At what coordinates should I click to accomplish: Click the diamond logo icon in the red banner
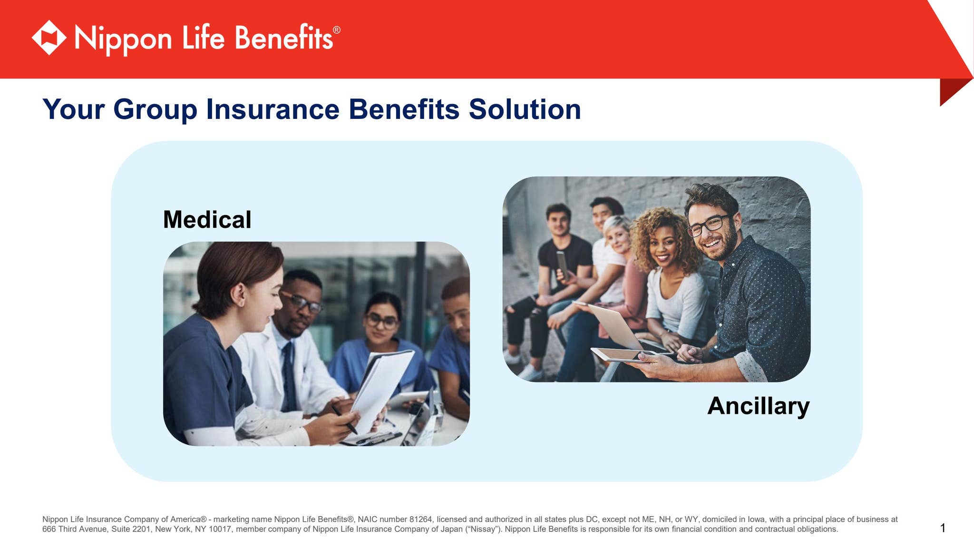(x=49, y=38)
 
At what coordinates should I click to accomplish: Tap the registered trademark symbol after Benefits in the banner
(x=337, y=30)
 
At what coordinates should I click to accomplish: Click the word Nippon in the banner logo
(x=123, y=39)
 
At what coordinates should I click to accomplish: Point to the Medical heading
(x=207, y=220)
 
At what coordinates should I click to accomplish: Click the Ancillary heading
(x=759, y=407)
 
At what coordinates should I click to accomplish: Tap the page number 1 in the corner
(x=943, y=528)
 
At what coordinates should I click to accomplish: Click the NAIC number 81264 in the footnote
(x=421, y=519)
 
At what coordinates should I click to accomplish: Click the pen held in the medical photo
(x=344, y=420)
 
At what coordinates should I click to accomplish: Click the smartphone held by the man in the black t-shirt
(x=563, y=264)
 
